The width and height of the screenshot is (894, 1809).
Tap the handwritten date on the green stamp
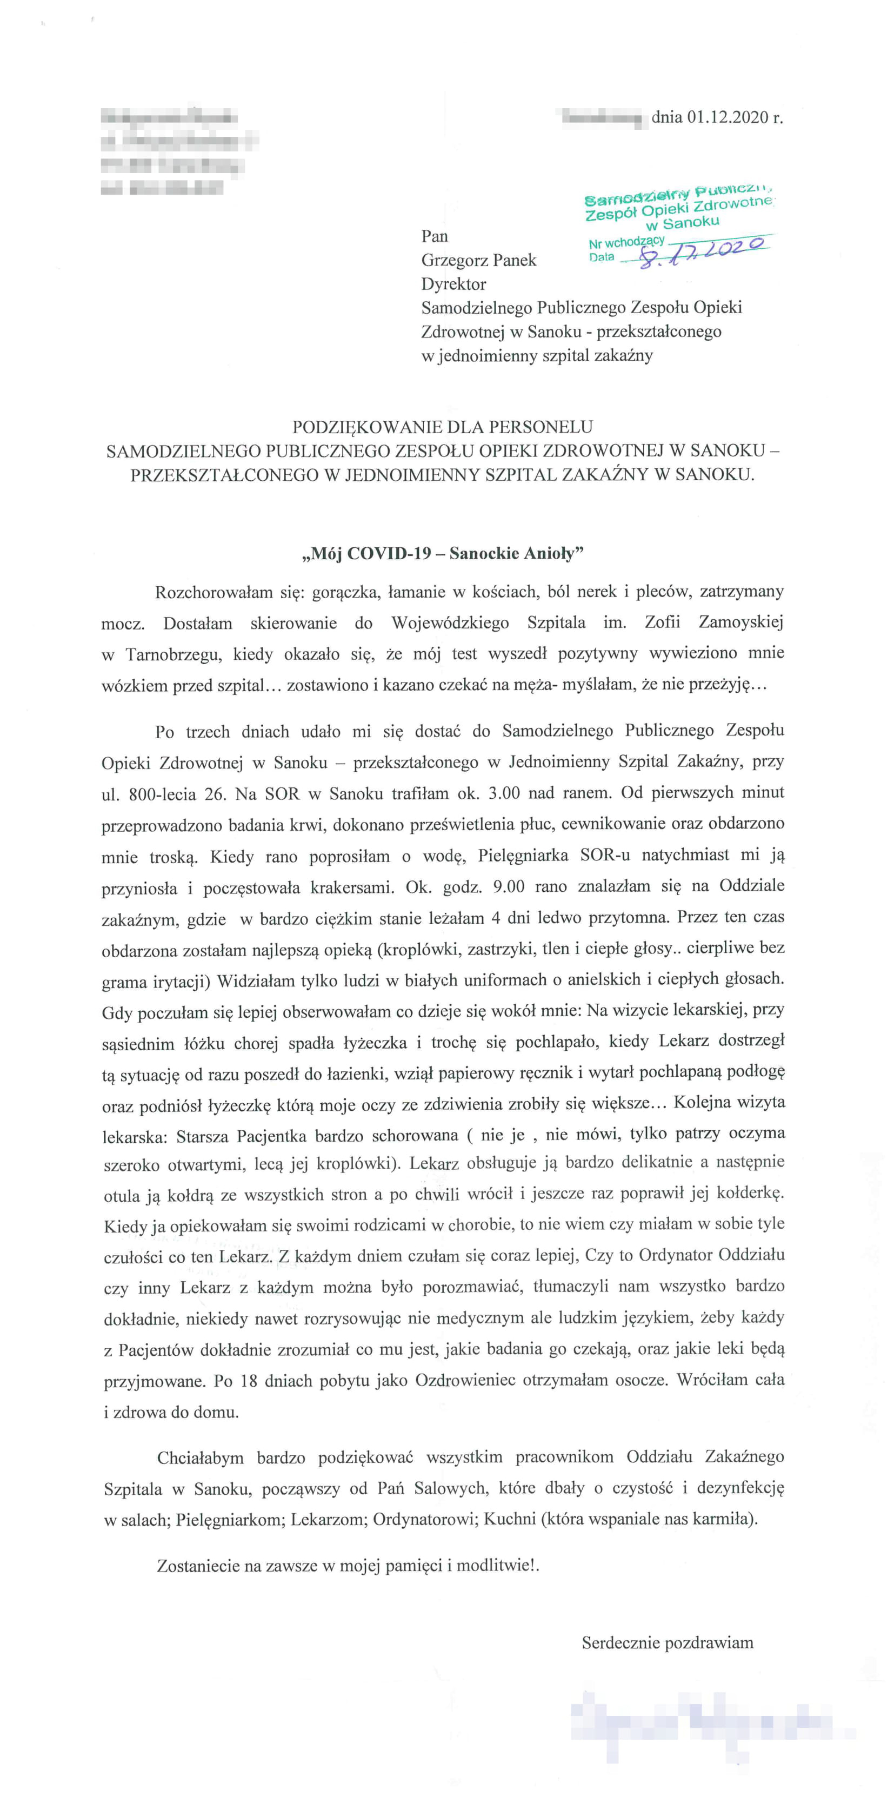(702, 251)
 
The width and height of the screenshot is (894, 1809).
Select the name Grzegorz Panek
(478, 261)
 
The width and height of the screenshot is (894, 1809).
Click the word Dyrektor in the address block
(453, 284)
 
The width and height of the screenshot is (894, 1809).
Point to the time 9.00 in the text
(508, 886)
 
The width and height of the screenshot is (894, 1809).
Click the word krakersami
(351, 887)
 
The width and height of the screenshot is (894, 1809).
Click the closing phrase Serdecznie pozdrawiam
(668, 1642)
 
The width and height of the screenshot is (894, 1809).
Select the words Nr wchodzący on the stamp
(626, 243)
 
